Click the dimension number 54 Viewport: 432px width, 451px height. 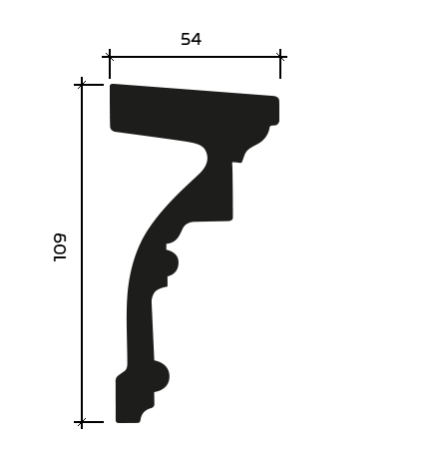tap(191, 39)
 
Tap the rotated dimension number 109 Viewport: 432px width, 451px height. tap(60, 247)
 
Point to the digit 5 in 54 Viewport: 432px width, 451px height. tap(186, 39)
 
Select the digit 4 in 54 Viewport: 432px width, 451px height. tap(197, 39)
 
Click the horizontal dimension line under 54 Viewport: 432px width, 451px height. tap(195, 57)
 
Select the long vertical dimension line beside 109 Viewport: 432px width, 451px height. tap(82, 253)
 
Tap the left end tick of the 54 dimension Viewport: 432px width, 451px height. tap(110, 57)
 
